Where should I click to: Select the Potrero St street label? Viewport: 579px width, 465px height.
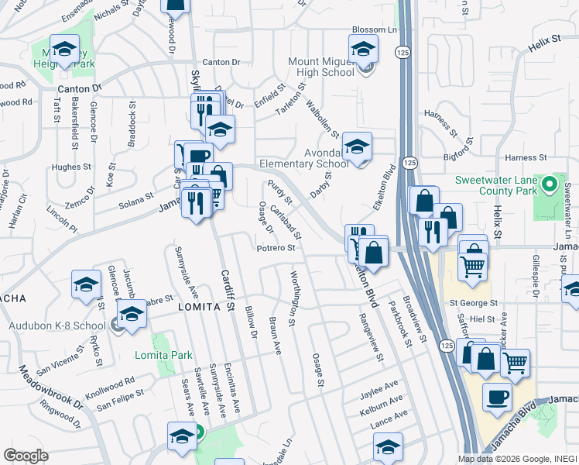coord(277,249)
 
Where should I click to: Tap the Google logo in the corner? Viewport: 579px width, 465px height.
coord(25,456)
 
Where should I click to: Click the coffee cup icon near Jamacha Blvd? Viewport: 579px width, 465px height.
coord(497,398)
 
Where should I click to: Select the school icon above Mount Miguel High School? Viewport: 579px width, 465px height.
coord(363,50)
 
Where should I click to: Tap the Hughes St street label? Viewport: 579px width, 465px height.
coord(72,167)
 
